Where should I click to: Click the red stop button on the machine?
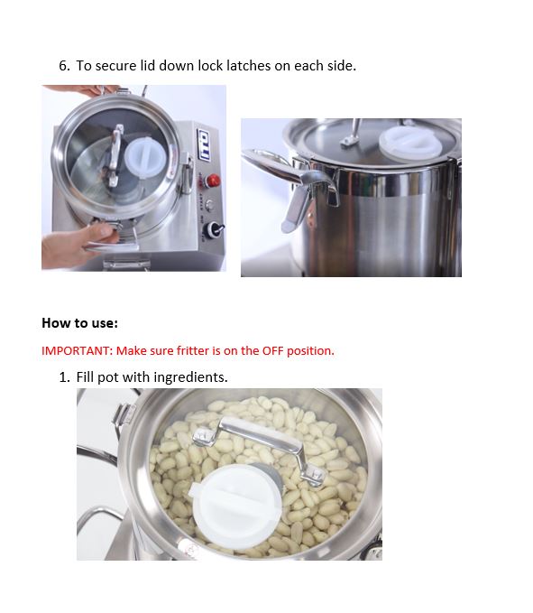coord(214,181)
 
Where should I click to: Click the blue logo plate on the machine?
coord(204,144)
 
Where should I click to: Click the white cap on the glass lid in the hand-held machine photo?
coord(142,157)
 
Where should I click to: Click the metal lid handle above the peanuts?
coord(259,447)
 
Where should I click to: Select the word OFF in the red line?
coord(272,350)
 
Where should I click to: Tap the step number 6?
coord(64,66)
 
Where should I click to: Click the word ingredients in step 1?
coord(190,377)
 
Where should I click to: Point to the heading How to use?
coord(79,323)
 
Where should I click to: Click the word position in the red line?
coord(310,351)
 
